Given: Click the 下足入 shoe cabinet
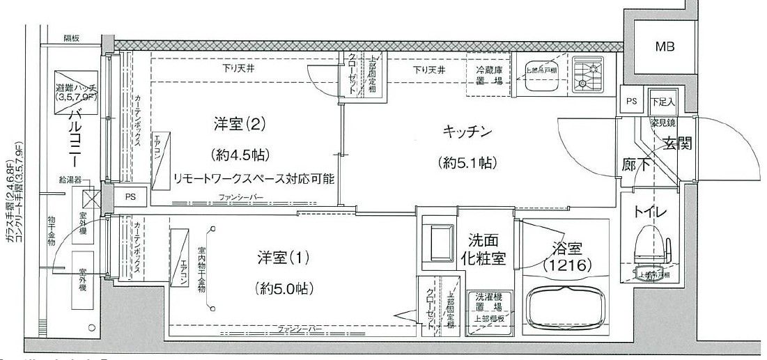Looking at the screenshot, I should pyautogui.click(x=663, y=102).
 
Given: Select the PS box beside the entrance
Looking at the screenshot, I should pyautogui.click(x=631, y=102).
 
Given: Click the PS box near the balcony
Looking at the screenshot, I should pyautogui.click(x=131, y=197).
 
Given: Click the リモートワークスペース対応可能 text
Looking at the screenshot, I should pyautogui.click(x=254, y=178).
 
